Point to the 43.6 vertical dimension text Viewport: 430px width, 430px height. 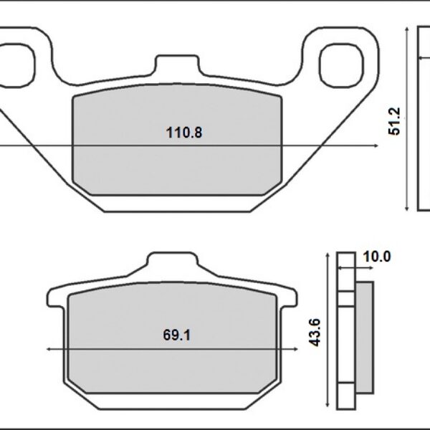[x=313, y=333]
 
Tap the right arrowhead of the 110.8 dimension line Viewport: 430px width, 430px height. [x=375, y=145]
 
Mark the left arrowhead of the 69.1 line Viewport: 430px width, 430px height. [x=49, y=349]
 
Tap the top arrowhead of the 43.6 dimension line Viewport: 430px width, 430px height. [x=328, y=255]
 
